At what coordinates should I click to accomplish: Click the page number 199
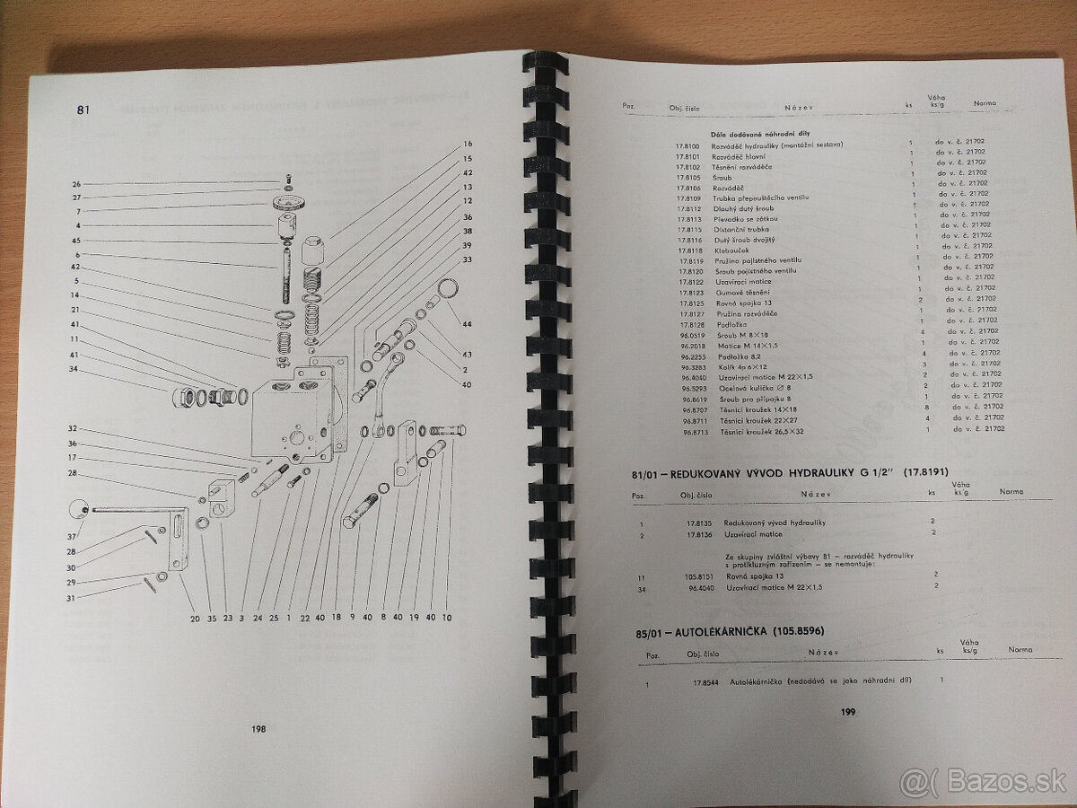pos(848,712)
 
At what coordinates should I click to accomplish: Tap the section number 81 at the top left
pos(83,110)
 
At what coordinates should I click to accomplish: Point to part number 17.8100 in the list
pos(687,145)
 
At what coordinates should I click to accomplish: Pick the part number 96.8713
pos(696,430)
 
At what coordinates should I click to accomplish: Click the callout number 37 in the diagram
pos(72,537)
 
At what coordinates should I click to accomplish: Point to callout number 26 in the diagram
pos(77,184)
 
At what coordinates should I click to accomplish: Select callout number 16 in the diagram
pos(468,144)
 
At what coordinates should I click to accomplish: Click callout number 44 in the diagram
pos(467,323)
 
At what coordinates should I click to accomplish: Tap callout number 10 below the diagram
pos(447,618)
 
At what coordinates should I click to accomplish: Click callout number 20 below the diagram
pos(195,618)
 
